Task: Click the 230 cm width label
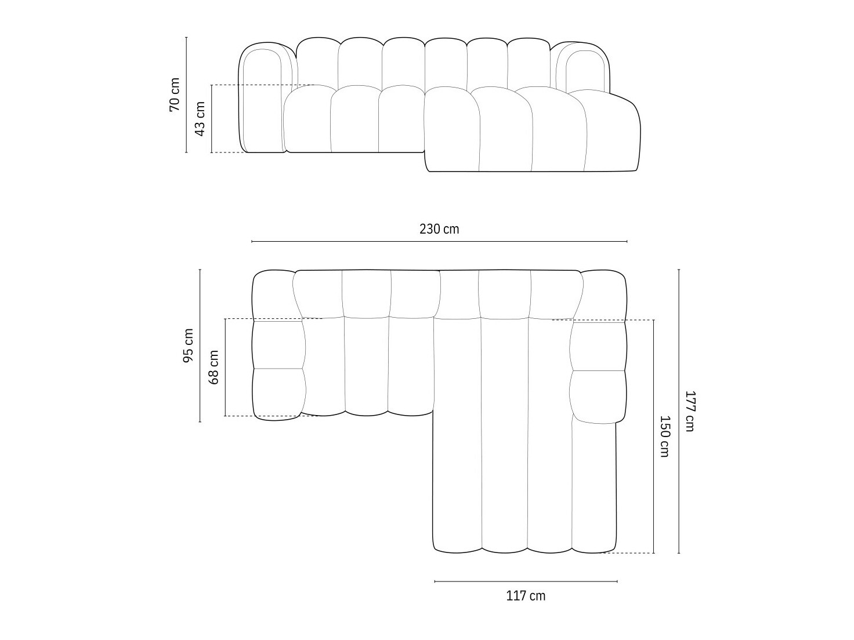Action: pos(439,229)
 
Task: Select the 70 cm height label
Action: pos(175,94)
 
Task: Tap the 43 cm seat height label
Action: pos(200,119)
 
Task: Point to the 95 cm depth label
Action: pos(189,346)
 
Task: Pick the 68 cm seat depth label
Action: pos(214,368)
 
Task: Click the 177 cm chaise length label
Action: pos(689,411)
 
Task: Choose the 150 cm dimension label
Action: pos(664,436)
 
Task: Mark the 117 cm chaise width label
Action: pos(526,595)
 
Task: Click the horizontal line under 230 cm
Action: pos(439,241)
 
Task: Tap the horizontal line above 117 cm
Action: pos(526,581)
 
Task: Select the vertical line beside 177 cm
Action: pos(679,411)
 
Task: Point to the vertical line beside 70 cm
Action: pos(186,94)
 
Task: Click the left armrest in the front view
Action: pos(262,99)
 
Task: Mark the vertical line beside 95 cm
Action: pos(200,346)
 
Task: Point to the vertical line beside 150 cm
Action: pos(654,436)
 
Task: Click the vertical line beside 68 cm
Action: pos(225,368)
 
